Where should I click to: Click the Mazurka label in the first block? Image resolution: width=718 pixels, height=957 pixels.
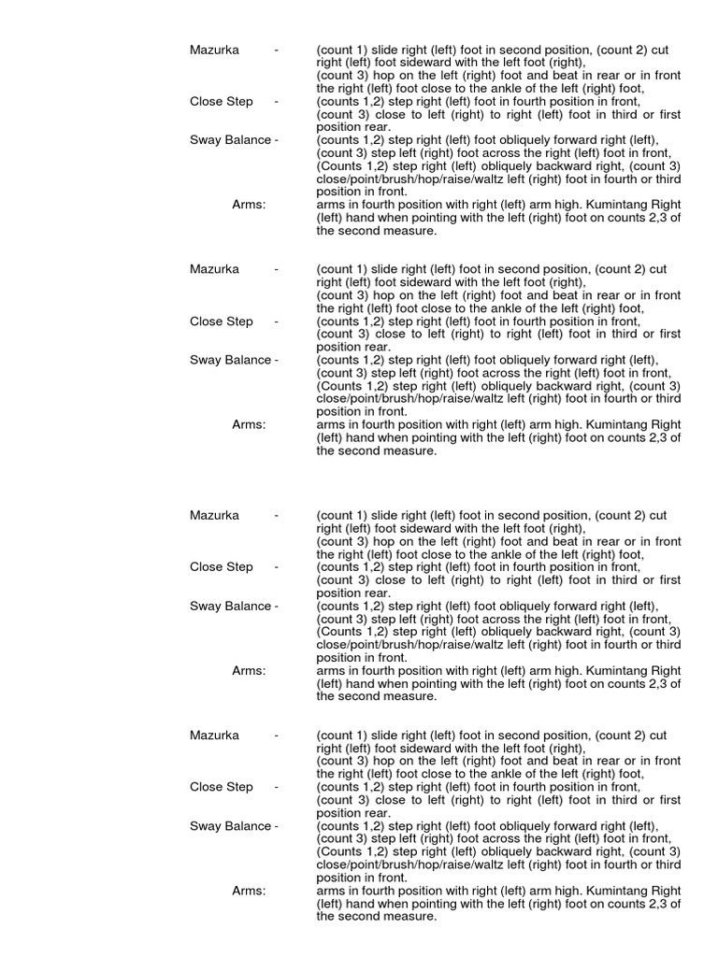coord(214,50)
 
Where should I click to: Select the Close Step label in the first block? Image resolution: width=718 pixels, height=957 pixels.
coord(221,101)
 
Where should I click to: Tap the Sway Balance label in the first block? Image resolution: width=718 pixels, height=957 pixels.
coord(230,140)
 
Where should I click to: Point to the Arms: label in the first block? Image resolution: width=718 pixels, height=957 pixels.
coord(249,205)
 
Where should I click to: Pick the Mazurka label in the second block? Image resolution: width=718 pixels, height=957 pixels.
coord(214,269)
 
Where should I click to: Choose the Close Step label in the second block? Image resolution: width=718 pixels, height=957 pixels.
coord(221,321)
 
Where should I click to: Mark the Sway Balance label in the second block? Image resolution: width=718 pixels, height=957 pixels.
coord(230,360)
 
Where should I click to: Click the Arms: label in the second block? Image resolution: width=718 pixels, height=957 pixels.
coord(249,424)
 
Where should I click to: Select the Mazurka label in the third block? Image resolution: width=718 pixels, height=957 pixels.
coord(214,515)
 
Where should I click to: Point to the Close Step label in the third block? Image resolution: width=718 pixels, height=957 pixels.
coord(221,567)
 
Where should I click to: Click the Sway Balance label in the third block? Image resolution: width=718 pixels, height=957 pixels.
coord(230,606)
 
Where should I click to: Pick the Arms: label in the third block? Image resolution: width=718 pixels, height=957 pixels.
coord(249,671)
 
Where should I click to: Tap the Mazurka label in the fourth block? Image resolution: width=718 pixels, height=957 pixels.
coord(214,736)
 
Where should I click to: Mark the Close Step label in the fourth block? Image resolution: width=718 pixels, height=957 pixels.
coord(221,787)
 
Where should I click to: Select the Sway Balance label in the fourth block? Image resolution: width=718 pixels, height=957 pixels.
coord(230,826)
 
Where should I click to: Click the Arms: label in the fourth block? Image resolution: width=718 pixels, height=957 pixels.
coord(249,891)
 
